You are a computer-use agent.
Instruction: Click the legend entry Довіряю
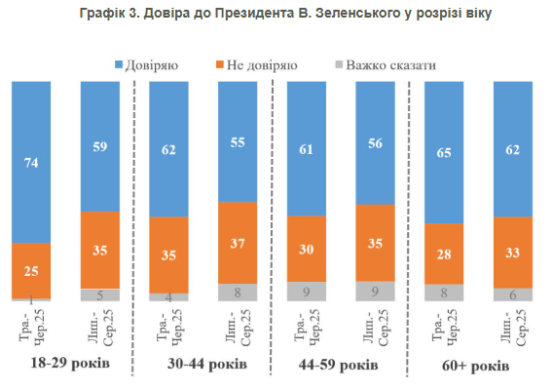[148, 64]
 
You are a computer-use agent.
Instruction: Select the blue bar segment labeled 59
[99, 146]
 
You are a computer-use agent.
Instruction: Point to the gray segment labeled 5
[99, 294]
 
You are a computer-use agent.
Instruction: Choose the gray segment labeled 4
[168, 296]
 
